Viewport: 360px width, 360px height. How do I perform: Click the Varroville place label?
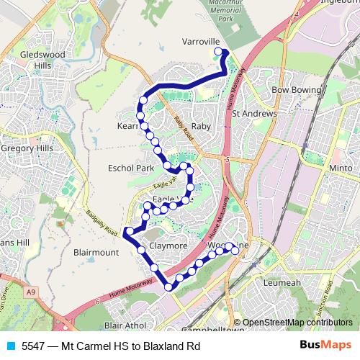(200, 41)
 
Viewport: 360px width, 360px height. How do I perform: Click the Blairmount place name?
(96, 253)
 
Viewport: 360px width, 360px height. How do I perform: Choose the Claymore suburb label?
(168, 246)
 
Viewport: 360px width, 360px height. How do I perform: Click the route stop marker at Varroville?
(219, 52)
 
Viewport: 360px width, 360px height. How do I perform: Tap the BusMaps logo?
(325, 345)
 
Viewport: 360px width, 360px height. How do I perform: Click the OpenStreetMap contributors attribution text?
(297, 323)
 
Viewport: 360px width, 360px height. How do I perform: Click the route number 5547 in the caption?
(33, 346)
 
